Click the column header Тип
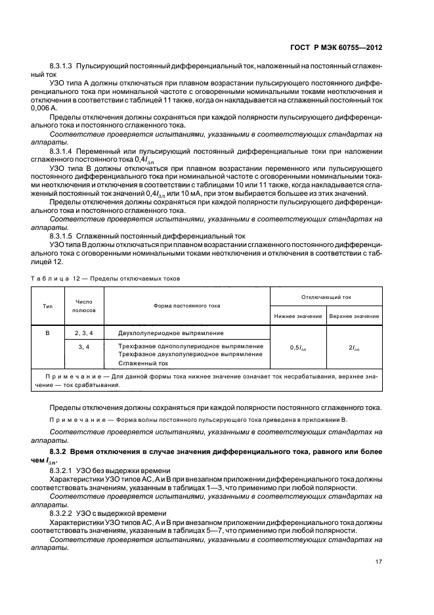[47, 306]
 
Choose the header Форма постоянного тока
[187, 306]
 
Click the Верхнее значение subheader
[355, 316]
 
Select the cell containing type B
[47, 334]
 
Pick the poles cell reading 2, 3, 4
[84, 334]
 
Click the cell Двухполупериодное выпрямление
[171, 334]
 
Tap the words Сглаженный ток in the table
[143, 363]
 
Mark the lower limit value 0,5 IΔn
[297, 348]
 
